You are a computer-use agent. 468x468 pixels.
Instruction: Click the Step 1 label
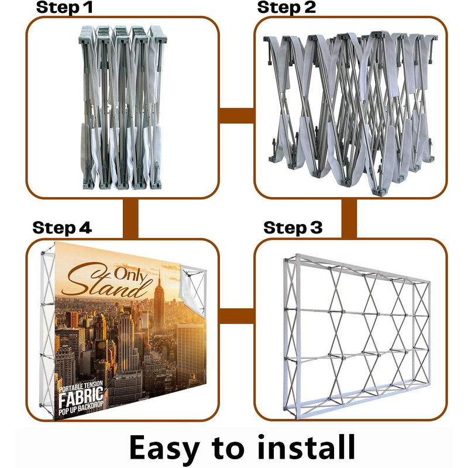pos(64,8)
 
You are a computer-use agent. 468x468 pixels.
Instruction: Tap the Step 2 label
pos(287,8)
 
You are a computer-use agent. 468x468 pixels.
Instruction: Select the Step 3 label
pos(293,228)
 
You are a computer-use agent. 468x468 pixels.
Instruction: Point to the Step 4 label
pos(62,228)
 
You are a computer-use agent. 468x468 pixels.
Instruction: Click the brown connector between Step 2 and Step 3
pos(349,218)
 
